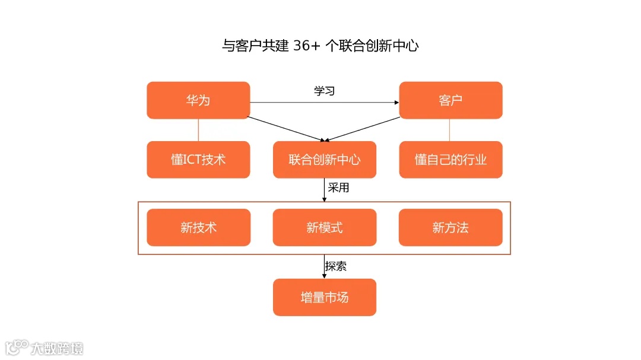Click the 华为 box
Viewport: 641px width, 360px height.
(x=198, y=100)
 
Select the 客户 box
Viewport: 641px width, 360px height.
(x=450, y=100)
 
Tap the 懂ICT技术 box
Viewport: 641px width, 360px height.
(x=198, y=160)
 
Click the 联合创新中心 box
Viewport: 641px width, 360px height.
(x=324, y=160)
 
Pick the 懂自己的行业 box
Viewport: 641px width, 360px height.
(x=450, y=160)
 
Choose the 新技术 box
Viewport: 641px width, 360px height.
(x=198, y=227)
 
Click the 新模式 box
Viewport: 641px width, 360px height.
(x=324, y=227)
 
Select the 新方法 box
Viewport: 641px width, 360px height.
(x=450, y=227)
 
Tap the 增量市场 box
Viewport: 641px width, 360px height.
(x=324, y=297)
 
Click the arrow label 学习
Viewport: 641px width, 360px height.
(x=324, y=91)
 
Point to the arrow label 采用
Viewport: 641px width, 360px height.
(x=338, y=189)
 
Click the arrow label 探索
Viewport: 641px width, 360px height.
(x=336, y=266)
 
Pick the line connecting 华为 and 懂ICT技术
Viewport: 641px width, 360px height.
(x=198, y=130)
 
